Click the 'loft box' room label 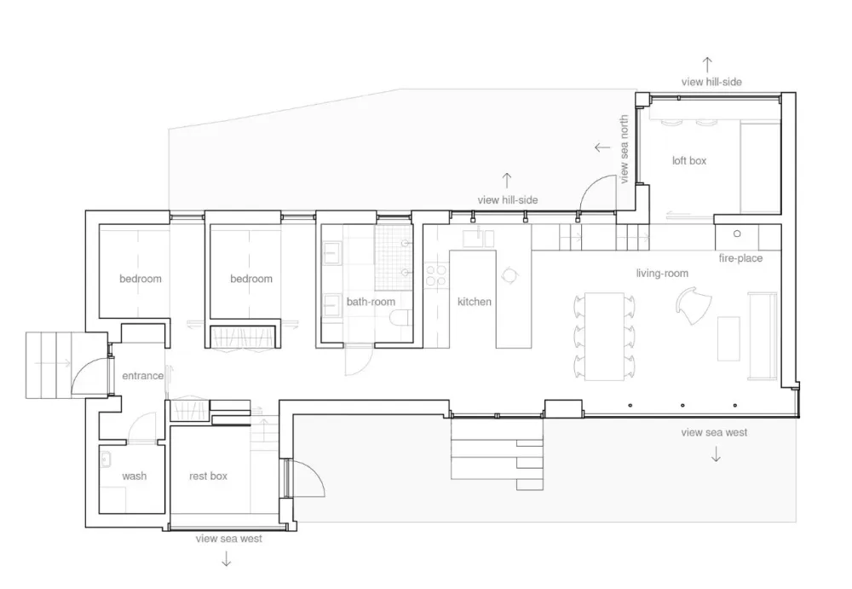pos(689,160)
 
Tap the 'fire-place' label pos(740,258)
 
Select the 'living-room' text pos(662,273)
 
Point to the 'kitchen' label pos(474,301)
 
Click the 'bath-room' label pos(371,301)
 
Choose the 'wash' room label pos(135,476)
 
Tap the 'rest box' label pos(208,476)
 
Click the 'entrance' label pos(142,375)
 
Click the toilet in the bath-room pos(401,318)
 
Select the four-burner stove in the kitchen pos(435,274)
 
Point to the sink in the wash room pos(106,459)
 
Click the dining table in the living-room pos(604,336)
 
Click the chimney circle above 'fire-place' pos(737,234)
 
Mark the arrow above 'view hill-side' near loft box pos(707,65)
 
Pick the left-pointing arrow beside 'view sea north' pos(602,147)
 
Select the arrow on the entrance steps pos(53,363)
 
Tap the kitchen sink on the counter pos(478,238)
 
